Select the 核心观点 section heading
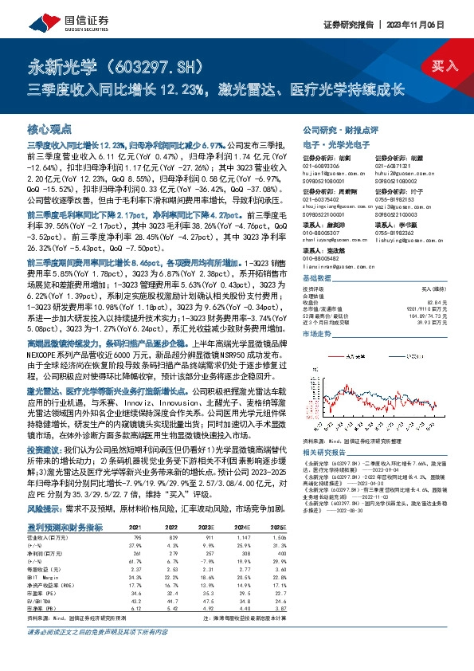[x=49, y=128]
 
